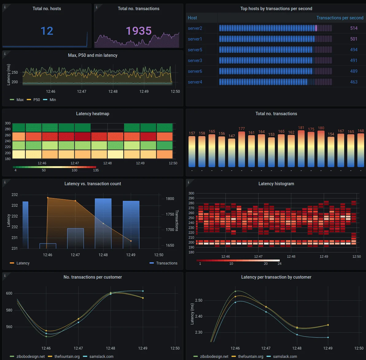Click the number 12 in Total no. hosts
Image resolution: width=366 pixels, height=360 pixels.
(x=47, y=31)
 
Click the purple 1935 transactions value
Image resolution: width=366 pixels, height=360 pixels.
(x=138, y=31)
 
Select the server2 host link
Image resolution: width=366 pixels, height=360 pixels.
(x=195, y=28)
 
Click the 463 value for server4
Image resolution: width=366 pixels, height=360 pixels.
(x=354, y=82)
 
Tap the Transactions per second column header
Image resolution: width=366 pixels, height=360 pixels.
(x=340, y=18)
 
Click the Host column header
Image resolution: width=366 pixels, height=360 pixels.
(x=193, y=18)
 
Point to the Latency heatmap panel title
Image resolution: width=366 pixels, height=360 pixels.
(x=92, y=114)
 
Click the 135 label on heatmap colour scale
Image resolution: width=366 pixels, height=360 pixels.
(x=96, y=170)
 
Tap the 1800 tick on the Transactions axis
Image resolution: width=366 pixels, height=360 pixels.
(x=170, y=199)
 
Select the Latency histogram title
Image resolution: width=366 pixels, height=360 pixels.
(x=276, y=184)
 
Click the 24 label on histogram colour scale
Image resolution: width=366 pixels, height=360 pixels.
(x=279, y=264)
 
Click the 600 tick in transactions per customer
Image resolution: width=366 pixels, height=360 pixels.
(x=9, y=293)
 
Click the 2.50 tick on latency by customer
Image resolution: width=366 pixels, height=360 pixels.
(x=199, y=300)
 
